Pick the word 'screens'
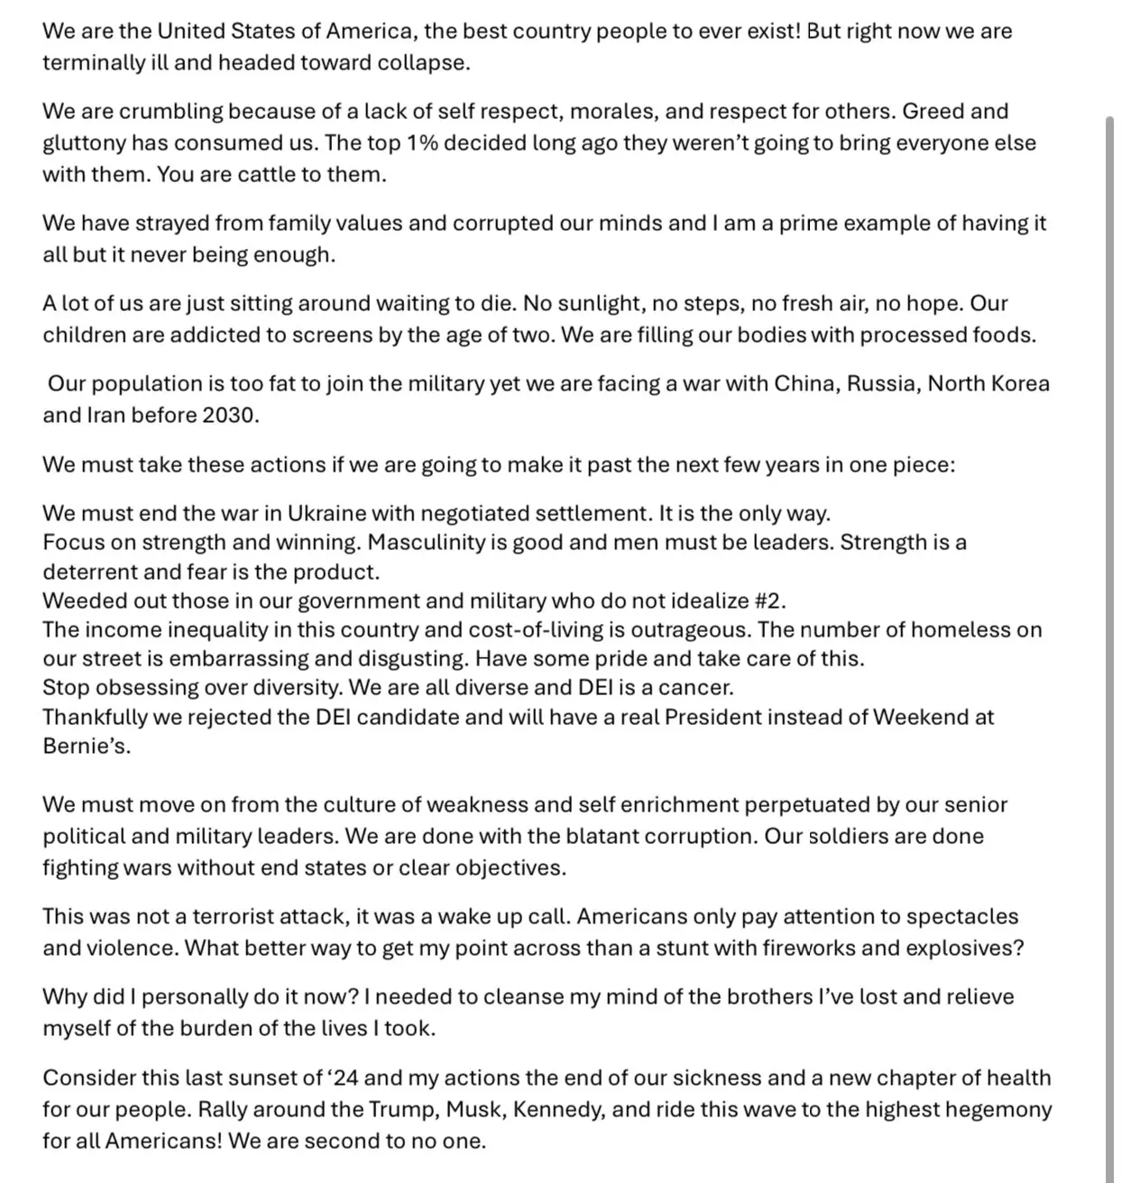(357, 335)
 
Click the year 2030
(235, 416)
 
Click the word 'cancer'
(697, 688)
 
